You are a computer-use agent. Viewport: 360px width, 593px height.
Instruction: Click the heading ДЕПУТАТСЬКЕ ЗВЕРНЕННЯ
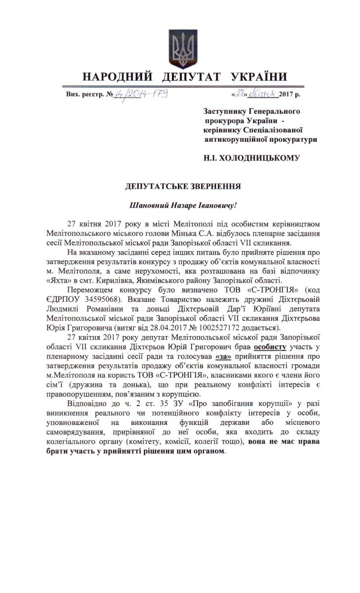(x=183, y=186)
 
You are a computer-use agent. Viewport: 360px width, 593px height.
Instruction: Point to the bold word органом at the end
(x=208, y=452)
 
